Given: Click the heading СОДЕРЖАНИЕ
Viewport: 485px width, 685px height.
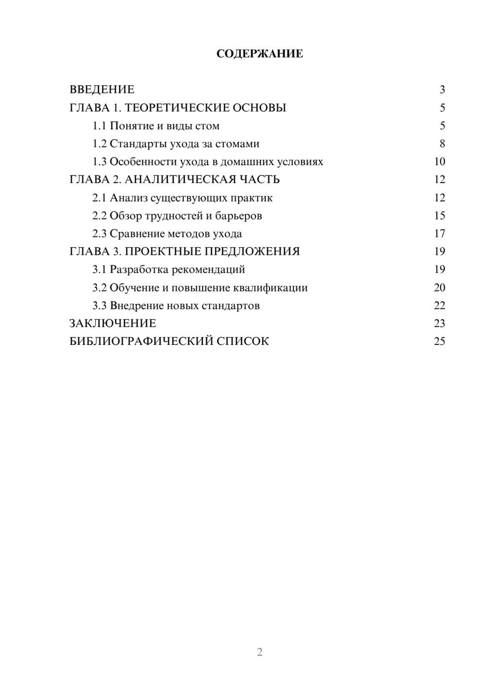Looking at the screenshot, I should [x=259, y=54].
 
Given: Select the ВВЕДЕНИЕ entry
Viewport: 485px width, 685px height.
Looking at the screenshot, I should [x=102, y=90].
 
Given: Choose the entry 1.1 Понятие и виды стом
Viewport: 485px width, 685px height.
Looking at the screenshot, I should [x=156, y=126].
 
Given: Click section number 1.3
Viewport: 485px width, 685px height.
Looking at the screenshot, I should [x=99, y=162].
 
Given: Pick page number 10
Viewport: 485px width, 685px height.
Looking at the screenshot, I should [x=439, y=162].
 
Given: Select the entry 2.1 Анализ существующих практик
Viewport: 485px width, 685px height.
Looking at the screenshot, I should [x=182, y=198].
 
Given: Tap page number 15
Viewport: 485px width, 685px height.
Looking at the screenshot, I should [x=439, y=216].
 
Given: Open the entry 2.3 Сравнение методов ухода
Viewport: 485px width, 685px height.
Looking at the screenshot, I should [x=167, y=234].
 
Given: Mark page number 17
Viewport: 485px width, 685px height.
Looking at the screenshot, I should [x=439, y=234].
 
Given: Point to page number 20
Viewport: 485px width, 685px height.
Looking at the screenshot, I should [x=439, y=288].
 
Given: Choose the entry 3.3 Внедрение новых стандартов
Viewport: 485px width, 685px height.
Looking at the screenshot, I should [x=176, y=306].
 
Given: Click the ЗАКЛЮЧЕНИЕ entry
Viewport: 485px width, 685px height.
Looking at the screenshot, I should [x=113, y=324].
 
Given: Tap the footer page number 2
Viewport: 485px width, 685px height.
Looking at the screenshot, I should [x=259, y=652].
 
